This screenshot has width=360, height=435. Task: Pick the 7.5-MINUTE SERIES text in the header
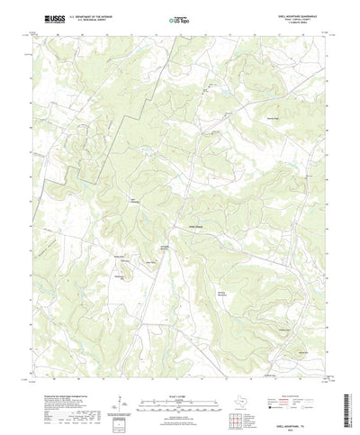(x=310, y=23)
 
